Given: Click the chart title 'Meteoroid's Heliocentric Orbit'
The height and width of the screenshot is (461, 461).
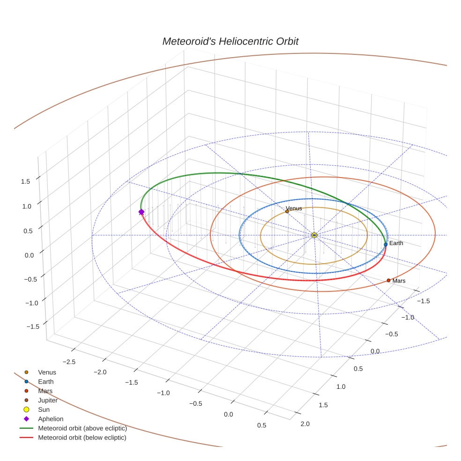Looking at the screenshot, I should pos(230,41).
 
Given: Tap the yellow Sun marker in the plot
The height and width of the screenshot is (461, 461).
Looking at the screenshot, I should pos(314,235).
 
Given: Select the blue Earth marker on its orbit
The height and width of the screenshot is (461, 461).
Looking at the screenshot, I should pos(386,244).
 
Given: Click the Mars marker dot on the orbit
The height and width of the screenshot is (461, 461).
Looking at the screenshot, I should pos(388,280).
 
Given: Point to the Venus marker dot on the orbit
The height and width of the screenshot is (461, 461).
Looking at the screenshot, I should pos(287,211).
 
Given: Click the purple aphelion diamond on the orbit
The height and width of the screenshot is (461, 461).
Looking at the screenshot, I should pos(141,212).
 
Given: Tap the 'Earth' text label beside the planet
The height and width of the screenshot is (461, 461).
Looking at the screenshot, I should pos(396,243).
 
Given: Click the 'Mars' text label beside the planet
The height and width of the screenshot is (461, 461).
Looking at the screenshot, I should pos(399,281).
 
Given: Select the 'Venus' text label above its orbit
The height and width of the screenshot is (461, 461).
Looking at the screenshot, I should pos(294,208).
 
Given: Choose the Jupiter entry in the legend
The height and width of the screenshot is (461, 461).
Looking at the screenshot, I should pos(48,400).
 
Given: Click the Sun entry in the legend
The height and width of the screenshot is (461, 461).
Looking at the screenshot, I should pos(44,409).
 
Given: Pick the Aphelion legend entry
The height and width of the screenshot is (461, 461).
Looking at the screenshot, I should pos(51,419).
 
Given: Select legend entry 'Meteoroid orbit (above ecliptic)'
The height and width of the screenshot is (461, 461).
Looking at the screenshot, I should pos(82,428).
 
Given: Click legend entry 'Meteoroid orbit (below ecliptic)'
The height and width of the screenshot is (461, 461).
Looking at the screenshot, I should pos(82,438).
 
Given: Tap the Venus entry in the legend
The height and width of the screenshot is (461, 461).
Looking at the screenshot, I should pos(47,372).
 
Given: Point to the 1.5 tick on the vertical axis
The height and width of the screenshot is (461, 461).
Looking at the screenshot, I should pos(26,181).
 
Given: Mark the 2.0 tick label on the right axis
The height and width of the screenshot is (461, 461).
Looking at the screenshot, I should pos(305,424).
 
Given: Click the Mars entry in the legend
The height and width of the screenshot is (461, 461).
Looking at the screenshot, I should pos(45,391).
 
